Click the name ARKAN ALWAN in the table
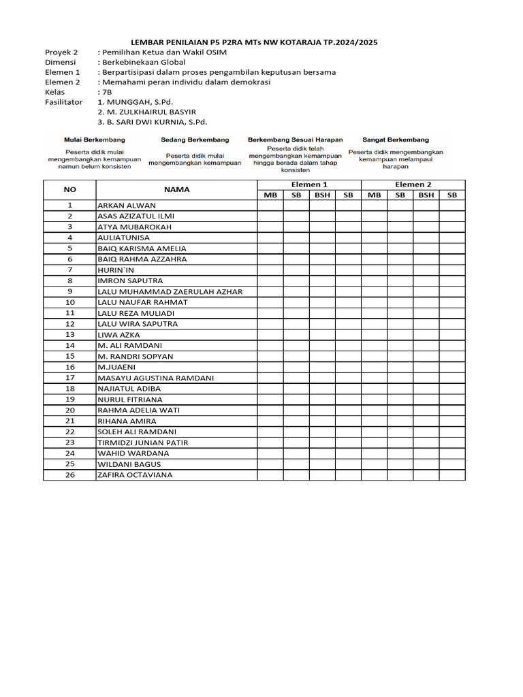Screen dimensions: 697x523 pyautogui.click(x=127, y=206)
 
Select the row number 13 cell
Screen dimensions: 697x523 pyautogui.click(x=69, y=335)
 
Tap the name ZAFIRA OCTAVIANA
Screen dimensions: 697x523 pyautogui.click(x=135, y=475)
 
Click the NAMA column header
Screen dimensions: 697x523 pyautogui.click(x=176, y=190)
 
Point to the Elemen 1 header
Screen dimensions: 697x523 pyautogui.click(x=309, y=184)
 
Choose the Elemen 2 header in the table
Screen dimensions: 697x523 pyautogui.click(x=413, y=184)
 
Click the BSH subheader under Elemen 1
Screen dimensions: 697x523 pyautogui.click(x=322, y=195)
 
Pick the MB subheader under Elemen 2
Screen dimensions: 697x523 pyautogui.click(x=374, y=195)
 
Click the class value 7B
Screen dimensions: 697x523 pyautogui.click(x=106, y=91)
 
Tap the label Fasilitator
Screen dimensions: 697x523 pyautogui.click(x=63, y=101)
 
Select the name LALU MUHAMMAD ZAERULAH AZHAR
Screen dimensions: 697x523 pyautogui.click(x=170, y=292)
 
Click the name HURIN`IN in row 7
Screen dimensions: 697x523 pyautogui.click(x=116, y=270)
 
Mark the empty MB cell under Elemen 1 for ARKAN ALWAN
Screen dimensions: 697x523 pyautogui.click(x=270, y=206)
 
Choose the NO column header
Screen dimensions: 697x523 pyautogui.click(x=69, y=190)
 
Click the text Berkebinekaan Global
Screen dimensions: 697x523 pyautogui.click(x=145, y=62)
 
